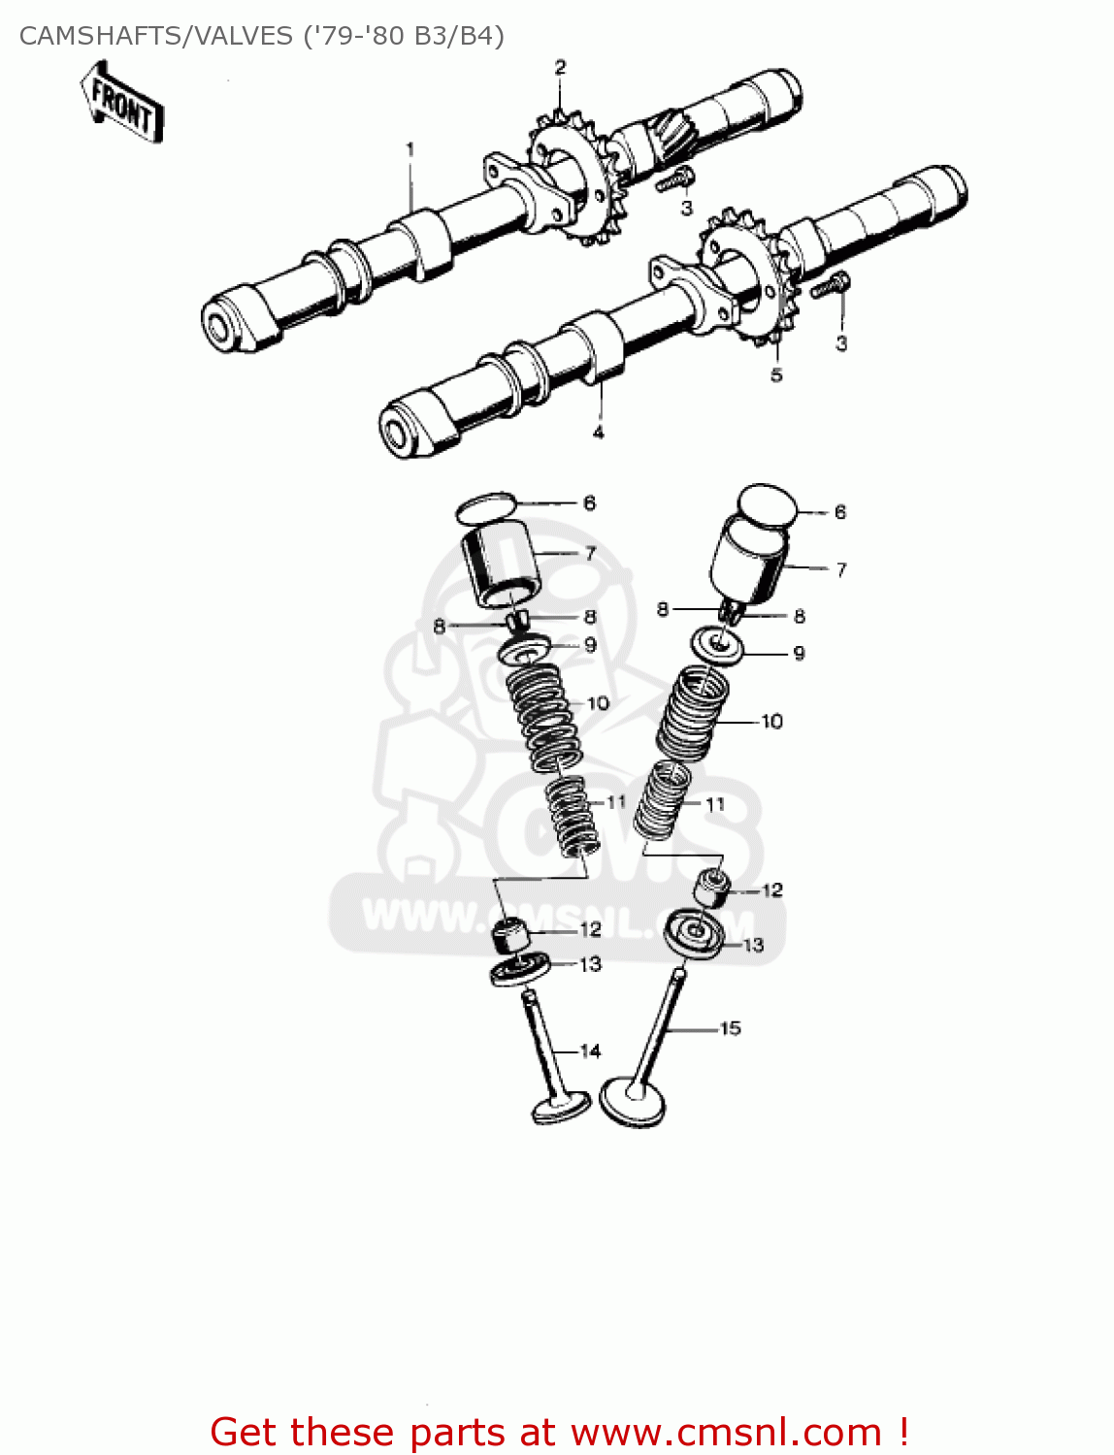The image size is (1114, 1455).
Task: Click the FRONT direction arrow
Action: point(122,103)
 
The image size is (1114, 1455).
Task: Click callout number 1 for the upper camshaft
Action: point(410,149)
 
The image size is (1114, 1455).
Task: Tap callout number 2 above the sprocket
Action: point(560,67)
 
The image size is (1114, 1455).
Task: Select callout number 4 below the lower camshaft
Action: point(599,432)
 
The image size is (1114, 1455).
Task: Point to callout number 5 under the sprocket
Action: point(776,374)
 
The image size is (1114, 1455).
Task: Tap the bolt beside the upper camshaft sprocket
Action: point(676,179)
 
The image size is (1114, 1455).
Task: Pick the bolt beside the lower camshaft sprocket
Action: point(830,286)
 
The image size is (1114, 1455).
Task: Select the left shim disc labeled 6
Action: point(485,506)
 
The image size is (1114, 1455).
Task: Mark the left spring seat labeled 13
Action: point(520,969)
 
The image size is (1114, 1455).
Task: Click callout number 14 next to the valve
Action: point(590,1051)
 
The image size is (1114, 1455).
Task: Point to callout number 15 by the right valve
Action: point(730,1028)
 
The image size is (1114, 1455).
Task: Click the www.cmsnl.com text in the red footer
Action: point(726,1432)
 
